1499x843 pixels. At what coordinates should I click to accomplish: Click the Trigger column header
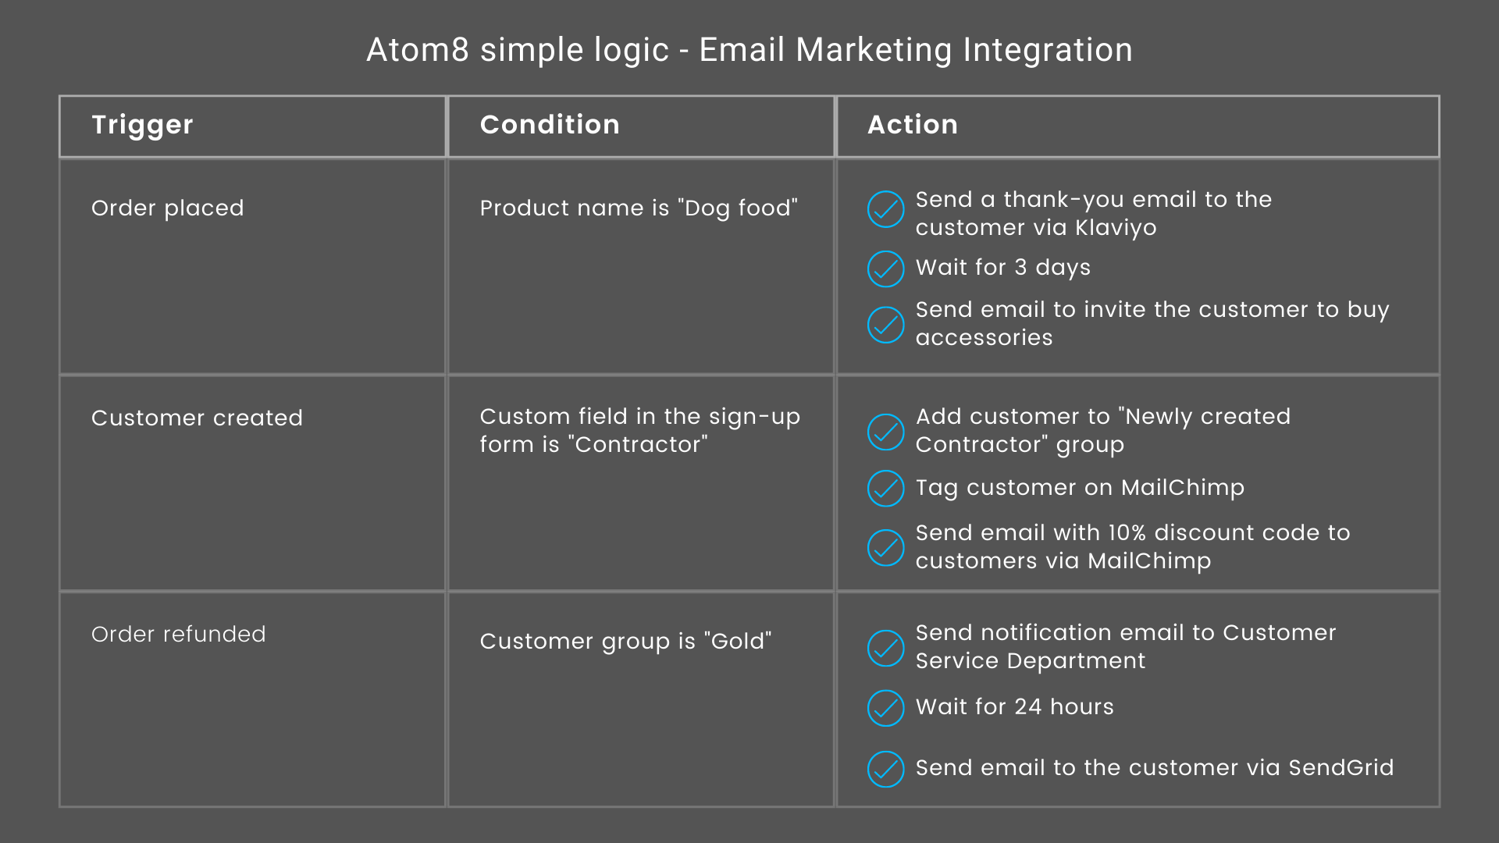point(142,125)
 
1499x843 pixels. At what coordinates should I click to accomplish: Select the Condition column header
point(550,125)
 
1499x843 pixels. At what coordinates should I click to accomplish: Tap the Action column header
point(913,125)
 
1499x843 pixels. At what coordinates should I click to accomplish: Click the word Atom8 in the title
point(418,50)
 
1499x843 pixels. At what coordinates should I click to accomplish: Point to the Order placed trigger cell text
point(168,208)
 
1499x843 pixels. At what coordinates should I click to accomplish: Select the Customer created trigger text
point(197,418)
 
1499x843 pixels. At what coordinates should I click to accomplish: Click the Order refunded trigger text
point(179,634)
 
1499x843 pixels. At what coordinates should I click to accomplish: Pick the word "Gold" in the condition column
point(738,641)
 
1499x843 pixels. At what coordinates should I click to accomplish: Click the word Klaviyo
point(1116,228)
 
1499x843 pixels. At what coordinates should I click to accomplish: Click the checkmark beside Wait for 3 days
point(886,269)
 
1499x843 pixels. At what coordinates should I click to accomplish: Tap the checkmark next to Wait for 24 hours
point(886,708)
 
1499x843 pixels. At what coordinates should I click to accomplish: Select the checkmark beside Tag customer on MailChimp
point(886,489)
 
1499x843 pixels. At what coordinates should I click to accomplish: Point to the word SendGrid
point(1341,767)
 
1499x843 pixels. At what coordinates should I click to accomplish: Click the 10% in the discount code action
point(1127,532)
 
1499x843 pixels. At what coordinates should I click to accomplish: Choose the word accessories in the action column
point(984,337)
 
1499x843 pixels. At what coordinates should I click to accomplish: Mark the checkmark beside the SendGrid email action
point(886,769)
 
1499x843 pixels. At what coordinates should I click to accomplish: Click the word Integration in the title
point(1047,50)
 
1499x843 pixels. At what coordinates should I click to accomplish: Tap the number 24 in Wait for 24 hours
point(1028,706)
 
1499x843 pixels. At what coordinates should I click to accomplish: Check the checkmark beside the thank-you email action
point(886,209)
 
